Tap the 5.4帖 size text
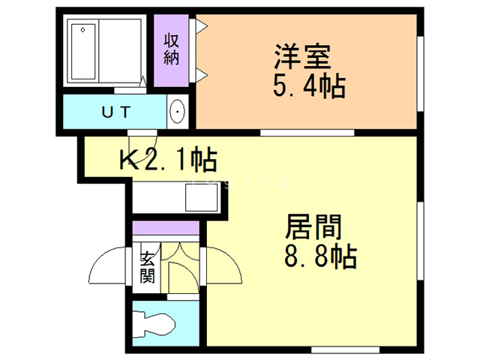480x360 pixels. pyautogui.click(x=308, y=87)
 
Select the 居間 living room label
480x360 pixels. pyautogui.click(x=313, y=226)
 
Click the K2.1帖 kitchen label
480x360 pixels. pyautogui.click(x=168, y=159)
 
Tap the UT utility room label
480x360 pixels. pyautogui.click(x=115, y=112)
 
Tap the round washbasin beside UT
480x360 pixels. pyautogui.click(x=178, y=112)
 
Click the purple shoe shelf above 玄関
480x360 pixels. pyautogui.click(x=166, y=228)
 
